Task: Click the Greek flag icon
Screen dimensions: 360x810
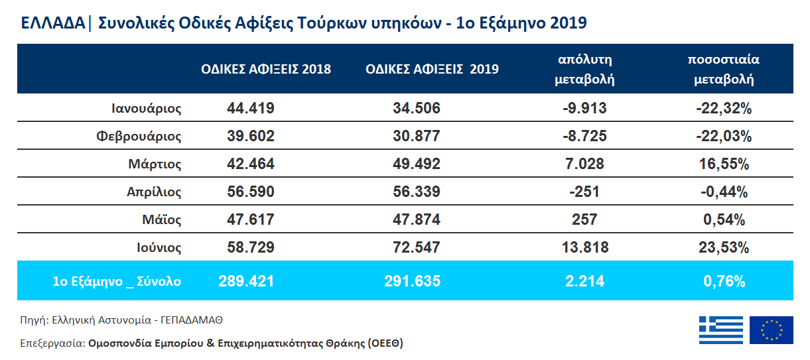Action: pos(721,330)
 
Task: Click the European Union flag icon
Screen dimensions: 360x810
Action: pos(772,330)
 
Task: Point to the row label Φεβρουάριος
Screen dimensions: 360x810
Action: pos(138,137)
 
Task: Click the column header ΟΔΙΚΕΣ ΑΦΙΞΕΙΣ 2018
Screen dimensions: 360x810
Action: pos(266,69)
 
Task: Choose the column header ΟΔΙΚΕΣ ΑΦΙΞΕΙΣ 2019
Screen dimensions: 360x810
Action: pos(432,69)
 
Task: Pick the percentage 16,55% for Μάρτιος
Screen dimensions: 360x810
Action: pos(724,164)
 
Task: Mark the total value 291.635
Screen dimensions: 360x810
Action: pos(412,281)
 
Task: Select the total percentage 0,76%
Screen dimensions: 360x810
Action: pos(724,281)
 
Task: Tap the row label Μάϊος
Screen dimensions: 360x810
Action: pos(161,220)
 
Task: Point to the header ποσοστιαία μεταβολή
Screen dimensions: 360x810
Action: pos(724,69)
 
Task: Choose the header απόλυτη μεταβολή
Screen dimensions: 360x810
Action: pos(584,69)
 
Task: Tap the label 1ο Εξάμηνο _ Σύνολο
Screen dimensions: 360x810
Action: pos(117,281)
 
